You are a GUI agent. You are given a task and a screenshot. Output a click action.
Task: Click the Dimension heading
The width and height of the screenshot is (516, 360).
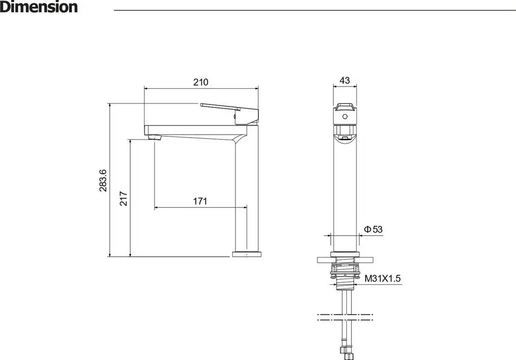tap(39, 7)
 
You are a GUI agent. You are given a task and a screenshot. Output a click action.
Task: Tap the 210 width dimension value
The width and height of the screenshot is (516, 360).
tap(201, 82)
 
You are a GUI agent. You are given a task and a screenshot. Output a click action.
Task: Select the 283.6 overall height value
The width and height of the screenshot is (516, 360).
tap(103, 181)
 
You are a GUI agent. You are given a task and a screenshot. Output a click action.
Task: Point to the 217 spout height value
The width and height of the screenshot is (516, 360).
tap(123, 198)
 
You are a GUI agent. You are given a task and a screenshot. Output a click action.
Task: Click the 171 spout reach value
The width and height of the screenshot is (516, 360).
tap(200, 201)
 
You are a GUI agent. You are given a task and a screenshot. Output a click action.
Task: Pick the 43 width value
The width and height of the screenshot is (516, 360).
tap(344, 80)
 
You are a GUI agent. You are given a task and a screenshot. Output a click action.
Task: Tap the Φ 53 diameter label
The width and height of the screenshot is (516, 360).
tap(373, 229)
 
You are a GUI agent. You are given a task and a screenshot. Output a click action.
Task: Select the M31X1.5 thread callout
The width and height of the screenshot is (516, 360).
tap(382, 279)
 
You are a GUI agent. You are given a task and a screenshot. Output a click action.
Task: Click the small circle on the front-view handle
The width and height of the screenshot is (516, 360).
tap(345, 117)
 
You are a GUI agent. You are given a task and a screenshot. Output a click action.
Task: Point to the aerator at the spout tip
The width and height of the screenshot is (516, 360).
tap(154, 138)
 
